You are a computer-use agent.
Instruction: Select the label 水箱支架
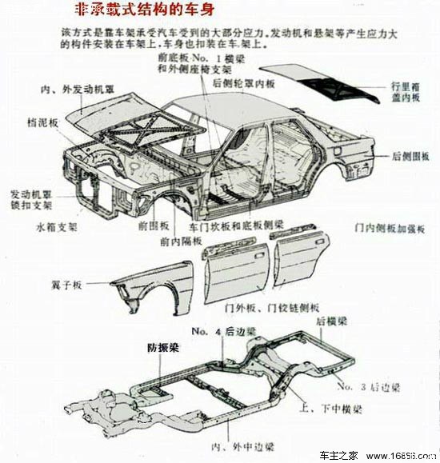pos(57,226)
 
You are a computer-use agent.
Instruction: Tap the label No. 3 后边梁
pos(369,388)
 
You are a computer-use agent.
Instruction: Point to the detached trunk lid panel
pos(336,80)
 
